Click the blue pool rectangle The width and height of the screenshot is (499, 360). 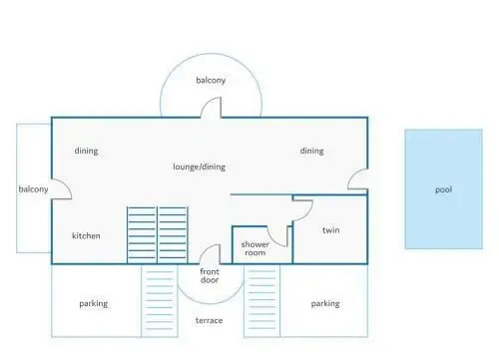click(x=444, y=189)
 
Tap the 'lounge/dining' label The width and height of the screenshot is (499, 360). click(x=199, y=167)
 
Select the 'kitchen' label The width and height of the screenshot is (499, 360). click(x=86, y=235)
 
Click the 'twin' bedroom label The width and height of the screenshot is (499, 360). click(x=331, y=230)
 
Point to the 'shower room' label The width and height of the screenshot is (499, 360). click(x=255, y=248)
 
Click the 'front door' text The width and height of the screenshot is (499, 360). click(x=210, y=275)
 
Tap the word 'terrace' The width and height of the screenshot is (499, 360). click(x=209, y=320)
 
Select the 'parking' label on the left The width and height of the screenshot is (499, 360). click(x=94, y=304)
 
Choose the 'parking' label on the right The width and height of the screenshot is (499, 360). click(x=325, y=304)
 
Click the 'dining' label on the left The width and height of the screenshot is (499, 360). click(x=86, y=151)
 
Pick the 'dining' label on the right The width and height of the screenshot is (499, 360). click(x=311, y=151)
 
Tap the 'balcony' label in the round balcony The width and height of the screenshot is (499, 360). click(x=211, y=80)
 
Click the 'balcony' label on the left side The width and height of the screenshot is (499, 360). click(x=33, y=189)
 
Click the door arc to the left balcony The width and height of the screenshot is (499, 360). click(x=67, y=185)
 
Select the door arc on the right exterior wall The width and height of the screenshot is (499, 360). click(x=352, y=175)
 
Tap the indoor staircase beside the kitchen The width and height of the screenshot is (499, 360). click(x=158, y=235)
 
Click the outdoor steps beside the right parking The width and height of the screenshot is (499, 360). click(x=261, y=301)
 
